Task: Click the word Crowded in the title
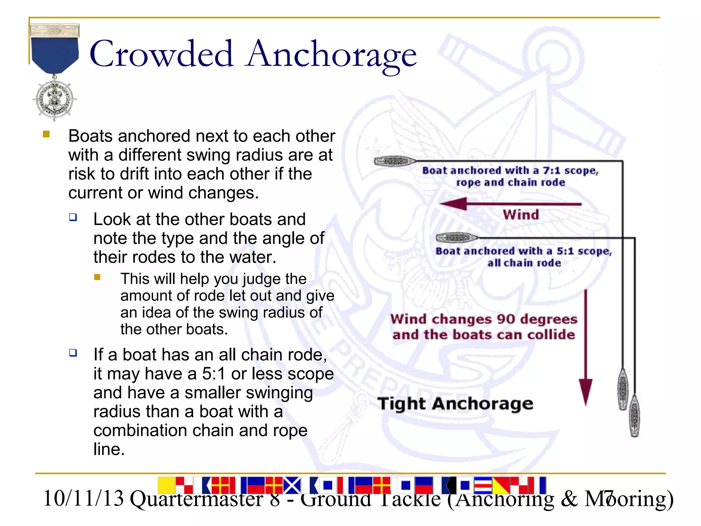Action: (x=161, y=54)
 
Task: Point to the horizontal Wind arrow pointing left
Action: (x=510, y=204)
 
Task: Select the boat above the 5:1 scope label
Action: (x=457, y=237)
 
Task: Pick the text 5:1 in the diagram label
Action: (x=565, y=251)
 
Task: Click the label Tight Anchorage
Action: (x=455, y=404)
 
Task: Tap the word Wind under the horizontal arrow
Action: (x=521, y=215)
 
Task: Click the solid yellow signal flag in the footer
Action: (x=166, y=485)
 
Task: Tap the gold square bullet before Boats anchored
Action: (x=47, y=134)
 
